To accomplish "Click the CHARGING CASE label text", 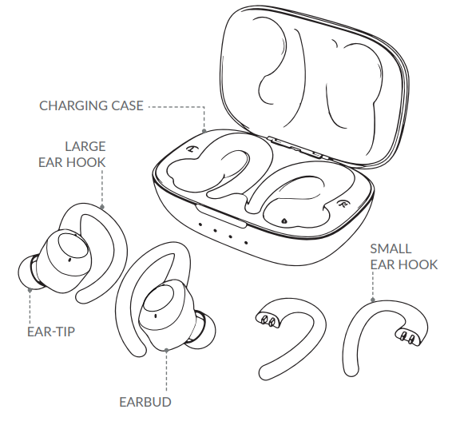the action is tap(91, 106).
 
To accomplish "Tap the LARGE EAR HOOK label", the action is tap(72, 154).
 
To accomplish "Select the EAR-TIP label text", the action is tap(51, 332).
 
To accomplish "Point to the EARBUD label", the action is tap(145, 402).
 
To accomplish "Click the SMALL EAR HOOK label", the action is tap(403, 256).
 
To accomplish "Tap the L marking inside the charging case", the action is tap(192, 149).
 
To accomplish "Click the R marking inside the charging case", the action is tap(342, 203).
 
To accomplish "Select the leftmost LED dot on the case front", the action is tap(200, 224).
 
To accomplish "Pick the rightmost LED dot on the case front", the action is tap(246, 243).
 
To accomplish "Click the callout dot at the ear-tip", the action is tap(30, 290).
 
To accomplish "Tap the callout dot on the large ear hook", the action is tap(102, 207).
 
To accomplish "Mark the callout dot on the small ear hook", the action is tap(373, 300).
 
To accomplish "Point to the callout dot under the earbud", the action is tap(166, 350).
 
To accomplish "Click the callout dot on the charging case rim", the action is tap(204, 131).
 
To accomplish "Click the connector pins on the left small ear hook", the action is tap(268, 320).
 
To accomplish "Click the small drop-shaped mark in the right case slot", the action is tap(284, 220).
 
